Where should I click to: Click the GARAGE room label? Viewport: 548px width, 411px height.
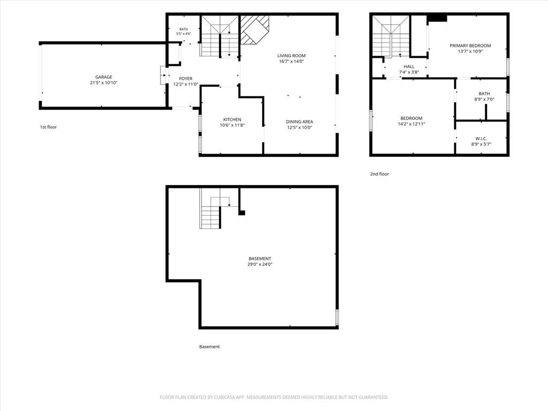point(104,77)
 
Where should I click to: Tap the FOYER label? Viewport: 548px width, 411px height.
point(186,79)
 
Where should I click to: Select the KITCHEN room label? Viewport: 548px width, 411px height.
point(232,119)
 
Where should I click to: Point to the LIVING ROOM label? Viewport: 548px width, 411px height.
point(292,56)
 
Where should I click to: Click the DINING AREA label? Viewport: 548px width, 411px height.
point(300,121)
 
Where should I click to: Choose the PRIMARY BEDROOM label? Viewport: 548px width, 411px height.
point(470,45)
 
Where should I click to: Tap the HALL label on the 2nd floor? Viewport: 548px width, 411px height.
point(409,66)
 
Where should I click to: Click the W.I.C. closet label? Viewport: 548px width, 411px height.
point(481,139)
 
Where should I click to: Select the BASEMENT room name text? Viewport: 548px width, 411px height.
point(260,258)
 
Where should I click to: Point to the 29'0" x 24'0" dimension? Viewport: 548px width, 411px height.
point(260,264)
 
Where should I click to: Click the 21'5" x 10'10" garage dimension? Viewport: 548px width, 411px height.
point(104,83)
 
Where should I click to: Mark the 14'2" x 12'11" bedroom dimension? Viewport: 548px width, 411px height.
point(412,124)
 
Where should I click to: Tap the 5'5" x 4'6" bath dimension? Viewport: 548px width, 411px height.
point(184,34)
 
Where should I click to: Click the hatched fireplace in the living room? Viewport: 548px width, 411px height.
point(254,30)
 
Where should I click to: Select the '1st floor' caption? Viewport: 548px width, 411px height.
point(48,127)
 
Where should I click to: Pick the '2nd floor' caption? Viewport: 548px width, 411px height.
point(379,174)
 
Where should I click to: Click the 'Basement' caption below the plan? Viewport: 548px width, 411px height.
point(209,347)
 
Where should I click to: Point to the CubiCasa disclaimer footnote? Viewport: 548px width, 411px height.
point(274,398)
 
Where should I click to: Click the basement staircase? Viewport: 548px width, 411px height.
point(214,209)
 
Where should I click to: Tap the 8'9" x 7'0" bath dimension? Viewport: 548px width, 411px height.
point(484,99)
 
